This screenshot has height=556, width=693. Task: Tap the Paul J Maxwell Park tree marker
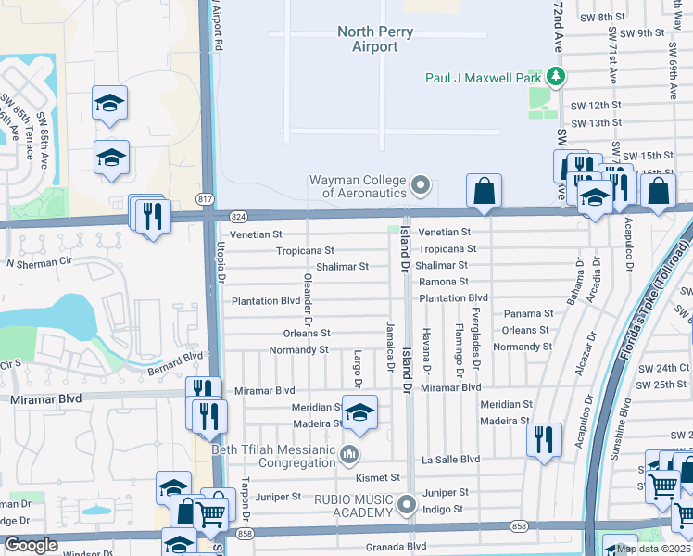click(555, 76)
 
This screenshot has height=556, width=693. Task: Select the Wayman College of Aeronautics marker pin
click(422, 186)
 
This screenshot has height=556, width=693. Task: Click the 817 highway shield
click(205, 199)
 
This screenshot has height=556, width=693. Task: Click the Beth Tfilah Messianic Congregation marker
click(349, 454)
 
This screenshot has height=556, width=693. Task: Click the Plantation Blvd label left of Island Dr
click(266, 301)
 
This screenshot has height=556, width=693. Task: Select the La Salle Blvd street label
click(451, 460)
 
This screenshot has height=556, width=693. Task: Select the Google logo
click(31, 545)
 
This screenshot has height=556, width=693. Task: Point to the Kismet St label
click(378, 477)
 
